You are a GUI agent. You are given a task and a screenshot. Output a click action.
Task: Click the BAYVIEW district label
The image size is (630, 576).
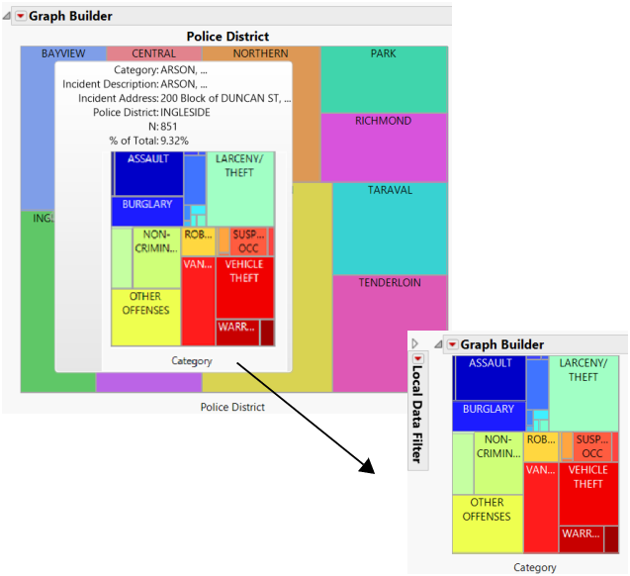[63, 53]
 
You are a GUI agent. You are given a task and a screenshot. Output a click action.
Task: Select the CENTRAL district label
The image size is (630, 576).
[153, 53]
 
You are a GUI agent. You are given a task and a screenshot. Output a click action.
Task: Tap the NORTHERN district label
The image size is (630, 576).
[261, 53]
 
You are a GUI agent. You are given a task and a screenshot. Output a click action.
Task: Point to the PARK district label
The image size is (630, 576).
[383, 53]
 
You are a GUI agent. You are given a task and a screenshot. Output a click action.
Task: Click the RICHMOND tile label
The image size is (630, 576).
[383, 122]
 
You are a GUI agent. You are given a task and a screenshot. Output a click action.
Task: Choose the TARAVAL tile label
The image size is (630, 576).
[389, 189]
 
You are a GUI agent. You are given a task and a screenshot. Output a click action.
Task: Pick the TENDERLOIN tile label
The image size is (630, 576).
[390, 283]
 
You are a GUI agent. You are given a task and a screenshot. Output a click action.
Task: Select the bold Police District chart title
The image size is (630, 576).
[227, 37]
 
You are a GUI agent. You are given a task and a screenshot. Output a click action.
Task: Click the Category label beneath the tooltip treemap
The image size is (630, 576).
[192, 361]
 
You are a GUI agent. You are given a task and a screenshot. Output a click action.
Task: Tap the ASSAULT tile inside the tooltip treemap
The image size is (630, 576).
[148, 159]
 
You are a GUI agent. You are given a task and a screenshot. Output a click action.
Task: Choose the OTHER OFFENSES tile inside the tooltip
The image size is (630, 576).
[145, 304]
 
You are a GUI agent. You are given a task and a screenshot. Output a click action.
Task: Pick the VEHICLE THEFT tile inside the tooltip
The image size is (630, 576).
[244, 271]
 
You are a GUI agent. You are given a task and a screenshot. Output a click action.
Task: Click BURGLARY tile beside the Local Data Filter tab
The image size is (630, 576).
[489, 409]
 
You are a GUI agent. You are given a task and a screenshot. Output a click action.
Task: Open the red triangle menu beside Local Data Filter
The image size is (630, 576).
[452, 344]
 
